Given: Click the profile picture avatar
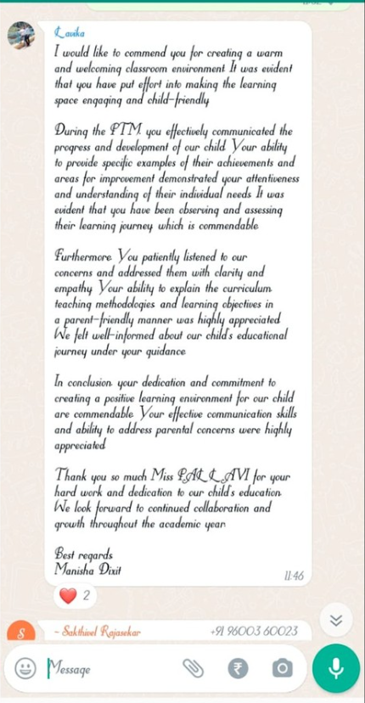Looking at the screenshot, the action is [x=21, y=36].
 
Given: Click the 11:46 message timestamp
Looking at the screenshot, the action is [x=294, y=576].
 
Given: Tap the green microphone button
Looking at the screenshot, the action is [x=336, y=668].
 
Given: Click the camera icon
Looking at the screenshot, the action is [x=282, y=668].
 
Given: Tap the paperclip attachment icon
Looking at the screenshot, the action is [x=194, y=668].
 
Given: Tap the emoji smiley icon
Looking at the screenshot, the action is [x=25, y=669].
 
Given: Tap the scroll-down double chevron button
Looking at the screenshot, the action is [x=336, y=620].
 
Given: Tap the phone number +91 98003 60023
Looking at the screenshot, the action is [x=254, y=631].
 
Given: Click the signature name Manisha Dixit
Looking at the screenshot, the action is [x=87, y=570].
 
